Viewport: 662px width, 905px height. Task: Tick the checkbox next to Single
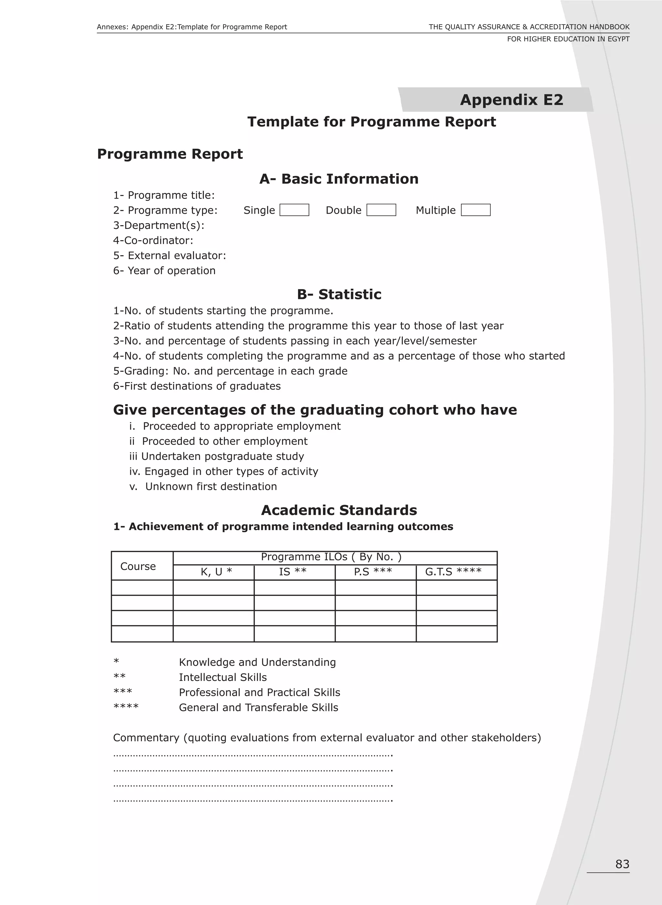(x=294, y=210)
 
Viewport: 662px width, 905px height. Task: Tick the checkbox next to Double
(x=381, y=210)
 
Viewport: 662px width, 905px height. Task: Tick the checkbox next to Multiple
(x=476, y=210)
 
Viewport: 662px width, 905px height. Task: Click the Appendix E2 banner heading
(x=511, y=100)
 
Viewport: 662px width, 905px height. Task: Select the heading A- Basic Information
(x=339, y=179)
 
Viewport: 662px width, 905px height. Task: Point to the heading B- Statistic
(x=339, y=294)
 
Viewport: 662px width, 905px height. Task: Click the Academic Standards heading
(x=339, y=510)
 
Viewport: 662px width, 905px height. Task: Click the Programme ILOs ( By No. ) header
(x=331, y=557)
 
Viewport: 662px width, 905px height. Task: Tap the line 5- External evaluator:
(x=169, y=255)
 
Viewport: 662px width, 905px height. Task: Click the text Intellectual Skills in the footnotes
(x=223, y=677)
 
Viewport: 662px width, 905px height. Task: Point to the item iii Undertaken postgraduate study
(x=216, y=456)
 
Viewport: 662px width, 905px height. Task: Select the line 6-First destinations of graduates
(x=197, y=386)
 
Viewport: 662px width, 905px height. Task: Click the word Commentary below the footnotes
(x=146, y=738)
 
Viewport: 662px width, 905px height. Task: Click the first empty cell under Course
(x=142, y=587)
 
